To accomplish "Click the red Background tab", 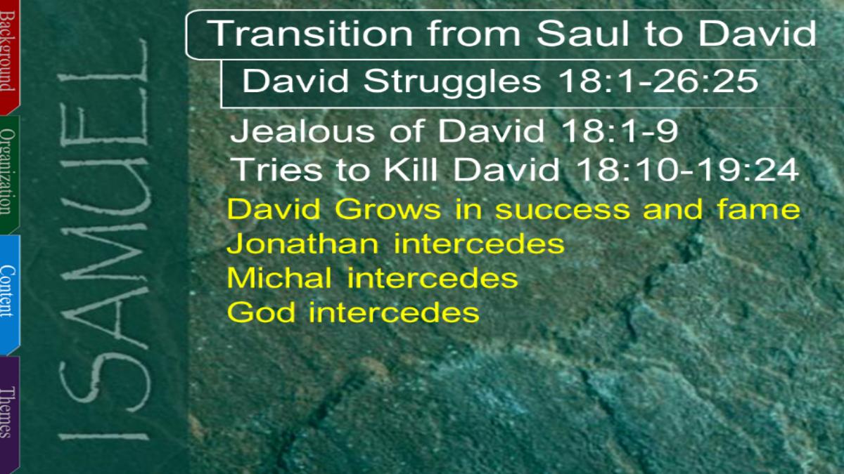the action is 9,56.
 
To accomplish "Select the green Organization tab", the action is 9,174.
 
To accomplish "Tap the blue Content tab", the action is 9,294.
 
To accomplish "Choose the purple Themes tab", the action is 9,414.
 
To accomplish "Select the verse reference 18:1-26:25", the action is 658,81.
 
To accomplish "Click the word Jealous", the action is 302,131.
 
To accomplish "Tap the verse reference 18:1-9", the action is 620,131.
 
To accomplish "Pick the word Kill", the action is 410,169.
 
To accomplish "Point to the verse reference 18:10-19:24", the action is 688,169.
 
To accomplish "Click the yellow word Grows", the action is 388,209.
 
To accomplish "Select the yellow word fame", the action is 758,209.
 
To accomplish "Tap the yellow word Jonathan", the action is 302,244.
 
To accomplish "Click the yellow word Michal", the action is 279,277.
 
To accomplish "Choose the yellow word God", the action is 261,312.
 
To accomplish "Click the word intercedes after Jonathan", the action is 479,244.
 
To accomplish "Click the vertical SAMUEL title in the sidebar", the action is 103,241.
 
